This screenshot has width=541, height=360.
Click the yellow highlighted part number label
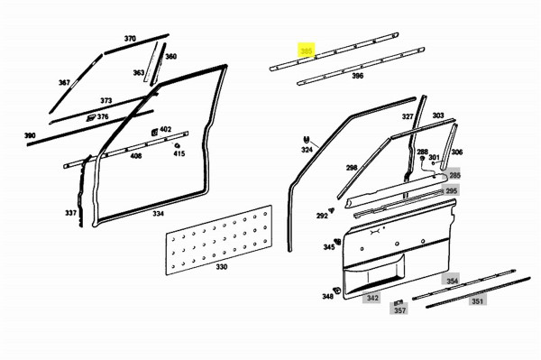[x=307, y=51]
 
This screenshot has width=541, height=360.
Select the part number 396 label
[x=357, y=77]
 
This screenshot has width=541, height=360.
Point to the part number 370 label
[x=130, y=39]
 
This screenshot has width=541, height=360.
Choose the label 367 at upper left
[x=64, y=82]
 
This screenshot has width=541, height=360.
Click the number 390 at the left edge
[x=30, y=135]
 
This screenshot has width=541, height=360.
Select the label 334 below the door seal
[x=158, y=214]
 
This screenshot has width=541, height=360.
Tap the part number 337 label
[x=70, y=213]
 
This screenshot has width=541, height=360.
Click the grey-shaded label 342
[x=371, y=298]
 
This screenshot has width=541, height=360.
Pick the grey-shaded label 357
[x=399, y=310]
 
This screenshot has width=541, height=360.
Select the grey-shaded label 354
[x=452, y=282]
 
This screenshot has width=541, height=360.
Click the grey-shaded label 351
[x=477, y=301]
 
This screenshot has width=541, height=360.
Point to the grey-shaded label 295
[x=452, y=191]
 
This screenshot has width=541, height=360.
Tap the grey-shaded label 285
[x=454, y=175]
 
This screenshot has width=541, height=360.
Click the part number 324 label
[x=307, y=150]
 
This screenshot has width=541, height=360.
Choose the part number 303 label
[x=438, y=115]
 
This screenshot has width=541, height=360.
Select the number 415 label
[x=179, y=154]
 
